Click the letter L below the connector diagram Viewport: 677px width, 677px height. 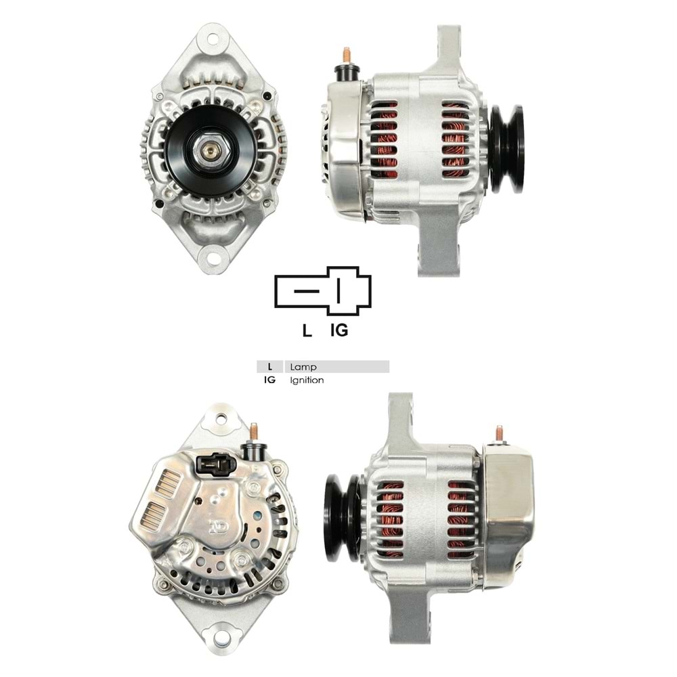pos(307,331)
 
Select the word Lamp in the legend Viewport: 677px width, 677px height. pos(303,367)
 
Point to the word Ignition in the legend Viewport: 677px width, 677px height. pos(307,380)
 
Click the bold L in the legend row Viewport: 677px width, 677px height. pos(270,367)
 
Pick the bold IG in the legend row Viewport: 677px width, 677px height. pos(270,380)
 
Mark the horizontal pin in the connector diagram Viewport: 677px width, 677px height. pos(307,292)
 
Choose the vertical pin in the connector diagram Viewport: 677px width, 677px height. pos(338,292)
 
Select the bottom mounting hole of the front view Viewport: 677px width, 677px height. pos(211,257)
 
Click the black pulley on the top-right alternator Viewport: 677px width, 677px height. pos(507,149)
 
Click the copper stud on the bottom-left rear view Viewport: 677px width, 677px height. pos(255,431)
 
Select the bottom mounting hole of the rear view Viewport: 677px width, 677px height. pos(219,636)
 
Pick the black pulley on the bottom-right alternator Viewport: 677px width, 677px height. pos(342,517)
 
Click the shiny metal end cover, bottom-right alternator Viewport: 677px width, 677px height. pos(509,508)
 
